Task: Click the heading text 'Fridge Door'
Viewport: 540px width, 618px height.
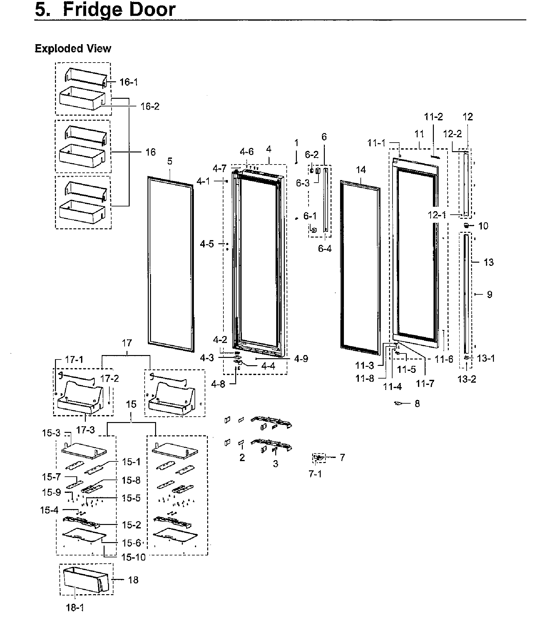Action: point(119,10)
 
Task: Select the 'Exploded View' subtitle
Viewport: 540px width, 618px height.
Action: point(73,49)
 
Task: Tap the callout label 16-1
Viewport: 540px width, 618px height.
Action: point(129,82)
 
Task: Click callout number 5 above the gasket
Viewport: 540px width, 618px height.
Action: point(170,161)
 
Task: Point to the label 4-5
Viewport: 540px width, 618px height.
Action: point(207,244)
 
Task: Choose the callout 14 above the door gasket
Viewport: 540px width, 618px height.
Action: point(361,170)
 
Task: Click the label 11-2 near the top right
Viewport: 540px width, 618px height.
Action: point(434,117)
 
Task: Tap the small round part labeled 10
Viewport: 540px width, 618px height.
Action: point(466,225)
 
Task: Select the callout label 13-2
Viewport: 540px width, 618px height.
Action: point(467,379)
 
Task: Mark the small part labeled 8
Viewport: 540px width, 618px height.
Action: point(398,403)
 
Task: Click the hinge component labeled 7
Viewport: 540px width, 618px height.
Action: point(319,458)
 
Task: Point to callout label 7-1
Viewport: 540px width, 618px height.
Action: point(315,474)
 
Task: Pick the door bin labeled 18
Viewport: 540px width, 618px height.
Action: point(86,580)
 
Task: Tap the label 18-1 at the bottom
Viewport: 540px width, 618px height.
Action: point(75,608)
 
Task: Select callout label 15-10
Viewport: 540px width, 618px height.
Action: point(133,557)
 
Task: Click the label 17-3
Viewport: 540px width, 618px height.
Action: point(85,430)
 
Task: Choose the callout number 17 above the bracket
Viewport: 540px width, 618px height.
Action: point(127,343)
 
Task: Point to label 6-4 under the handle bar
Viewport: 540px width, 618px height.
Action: point(325,249)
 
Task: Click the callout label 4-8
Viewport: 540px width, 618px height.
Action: point(218,385)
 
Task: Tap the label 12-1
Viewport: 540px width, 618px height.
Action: point(437,215)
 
